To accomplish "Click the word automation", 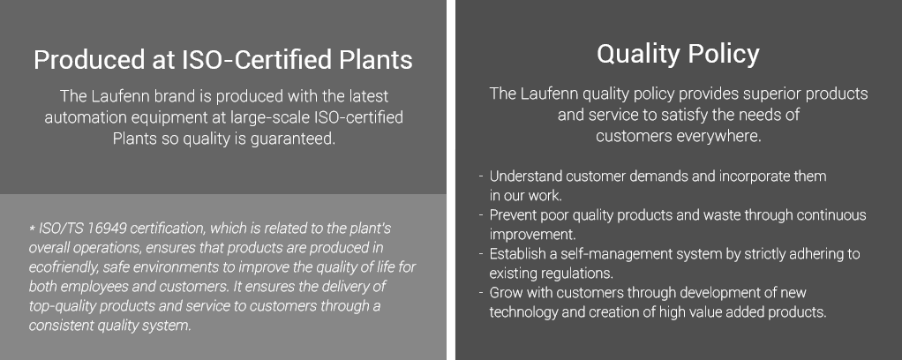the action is tap(84, 117).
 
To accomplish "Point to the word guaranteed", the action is tap(293, 139).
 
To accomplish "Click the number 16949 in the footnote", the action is tap(107, 229).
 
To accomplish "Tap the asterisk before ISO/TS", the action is tap(32, 229).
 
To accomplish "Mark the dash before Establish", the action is tap(481, 254).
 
